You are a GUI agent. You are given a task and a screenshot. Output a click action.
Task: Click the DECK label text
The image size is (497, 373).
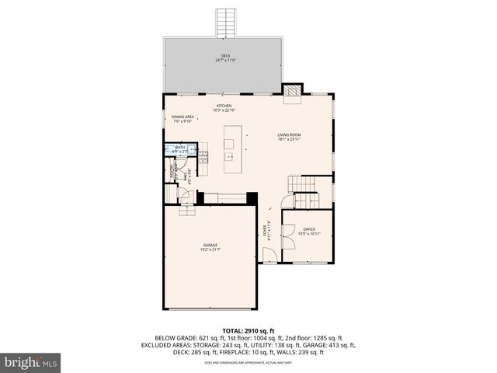click(x=225, y=55)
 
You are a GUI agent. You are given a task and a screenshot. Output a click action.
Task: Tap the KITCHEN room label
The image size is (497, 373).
click(x=224, y=106)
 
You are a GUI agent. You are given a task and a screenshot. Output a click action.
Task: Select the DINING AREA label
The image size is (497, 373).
click(x=183, y=117)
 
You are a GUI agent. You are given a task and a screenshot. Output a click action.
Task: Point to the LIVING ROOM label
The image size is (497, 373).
click(x=289, y=134)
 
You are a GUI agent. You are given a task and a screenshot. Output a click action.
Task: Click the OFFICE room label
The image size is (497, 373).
click(x=309, y=228)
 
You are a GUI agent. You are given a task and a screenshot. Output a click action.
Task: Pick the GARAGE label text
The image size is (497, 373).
click(x=210, y=245)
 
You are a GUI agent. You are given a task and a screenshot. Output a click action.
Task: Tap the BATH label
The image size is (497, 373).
click(x=180, y=146)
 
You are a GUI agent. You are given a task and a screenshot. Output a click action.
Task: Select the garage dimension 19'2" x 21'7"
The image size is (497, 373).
click(x=210, y=250)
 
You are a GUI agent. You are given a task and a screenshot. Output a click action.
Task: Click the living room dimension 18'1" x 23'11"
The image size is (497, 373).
click(x=289, y=140)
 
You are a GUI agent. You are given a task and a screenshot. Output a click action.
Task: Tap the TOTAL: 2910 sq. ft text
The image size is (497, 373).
click(x=248, y=330)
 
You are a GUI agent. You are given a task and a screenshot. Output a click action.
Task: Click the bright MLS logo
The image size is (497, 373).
click(x=31, y=362)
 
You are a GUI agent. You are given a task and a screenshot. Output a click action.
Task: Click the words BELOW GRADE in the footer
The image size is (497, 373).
click(x=175, y=337)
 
